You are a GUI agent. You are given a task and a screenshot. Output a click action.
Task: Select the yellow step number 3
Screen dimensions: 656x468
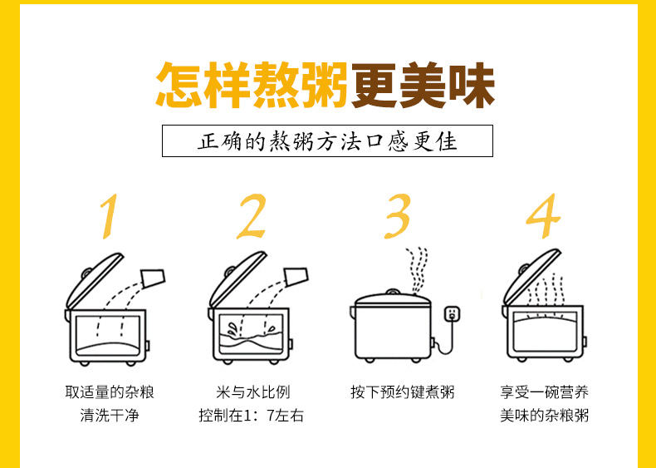click(x=398, y=216)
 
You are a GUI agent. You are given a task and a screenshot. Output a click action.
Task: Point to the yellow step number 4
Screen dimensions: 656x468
click(x=544, y=216)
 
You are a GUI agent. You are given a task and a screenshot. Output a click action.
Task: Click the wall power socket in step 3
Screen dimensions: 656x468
click(x=452, y=314)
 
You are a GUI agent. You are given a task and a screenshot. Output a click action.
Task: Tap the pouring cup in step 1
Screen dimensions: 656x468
click(x=153, y=278)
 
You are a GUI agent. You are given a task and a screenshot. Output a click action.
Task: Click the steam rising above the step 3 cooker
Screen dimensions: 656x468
click(x=418, y=270)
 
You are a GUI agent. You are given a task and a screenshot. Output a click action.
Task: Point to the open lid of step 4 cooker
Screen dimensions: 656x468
click(x=531, y=277)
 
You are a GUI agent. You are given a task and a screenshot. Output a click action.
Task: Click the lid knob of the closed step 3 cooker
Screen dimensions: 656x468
click(x=392, y=292)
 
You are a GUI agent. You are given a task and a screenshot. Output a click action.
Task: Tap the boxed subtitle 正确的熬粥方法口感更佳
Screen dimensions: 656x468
click(x=327, y=140)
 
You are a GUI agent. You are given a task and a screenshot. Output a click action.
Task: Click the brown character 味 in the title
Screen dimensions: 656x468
click(x=472, y=86)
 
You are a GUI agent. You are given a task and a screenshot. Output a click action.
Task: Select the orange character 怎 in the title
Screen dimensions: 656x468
click(x=179, y=86)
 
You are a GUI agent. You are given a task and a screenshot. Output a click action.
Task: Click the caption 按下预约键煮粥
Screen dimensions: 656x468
click(x=402, y=392)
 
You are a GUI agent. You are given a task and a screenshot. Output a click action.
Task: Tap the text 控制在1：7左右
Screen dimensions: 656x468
click(x=251, y=416)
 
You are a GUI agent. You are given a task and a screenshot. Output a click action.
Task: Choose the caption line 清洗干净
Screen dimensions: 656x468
click(x=110, y=416)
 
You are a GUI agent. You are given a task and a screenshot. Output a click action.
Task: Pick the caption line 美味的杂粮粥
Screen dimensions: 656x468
click(x=544, y=416)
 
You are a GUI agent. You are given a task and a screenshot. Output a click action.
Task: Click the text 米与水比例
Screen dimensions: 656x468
click(x=252, y=392)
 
